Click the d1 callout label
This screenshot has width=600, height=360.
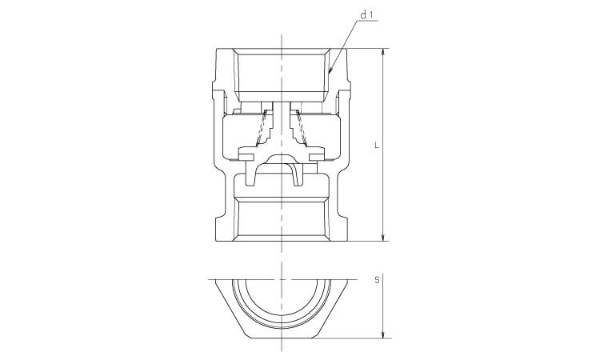click(x=367, y=15)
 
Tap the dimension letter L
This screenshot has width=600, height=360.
click(x=377, y=146)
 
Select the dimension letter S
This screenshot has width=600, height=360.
click(x=377, y=281)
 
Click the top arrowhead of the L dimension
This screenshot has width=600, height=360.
click(x=383, y=53)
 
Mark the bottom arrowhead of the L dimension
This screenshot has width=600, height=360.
click(x=383, y=237)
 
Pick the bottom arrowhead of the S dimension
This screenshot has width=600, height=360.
click(x=383, y=334)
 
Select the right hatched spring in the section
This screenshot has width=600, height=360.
click(x=301, y=129)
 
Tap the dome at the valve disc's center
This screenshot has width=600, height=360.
click(x=282, y=158)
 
